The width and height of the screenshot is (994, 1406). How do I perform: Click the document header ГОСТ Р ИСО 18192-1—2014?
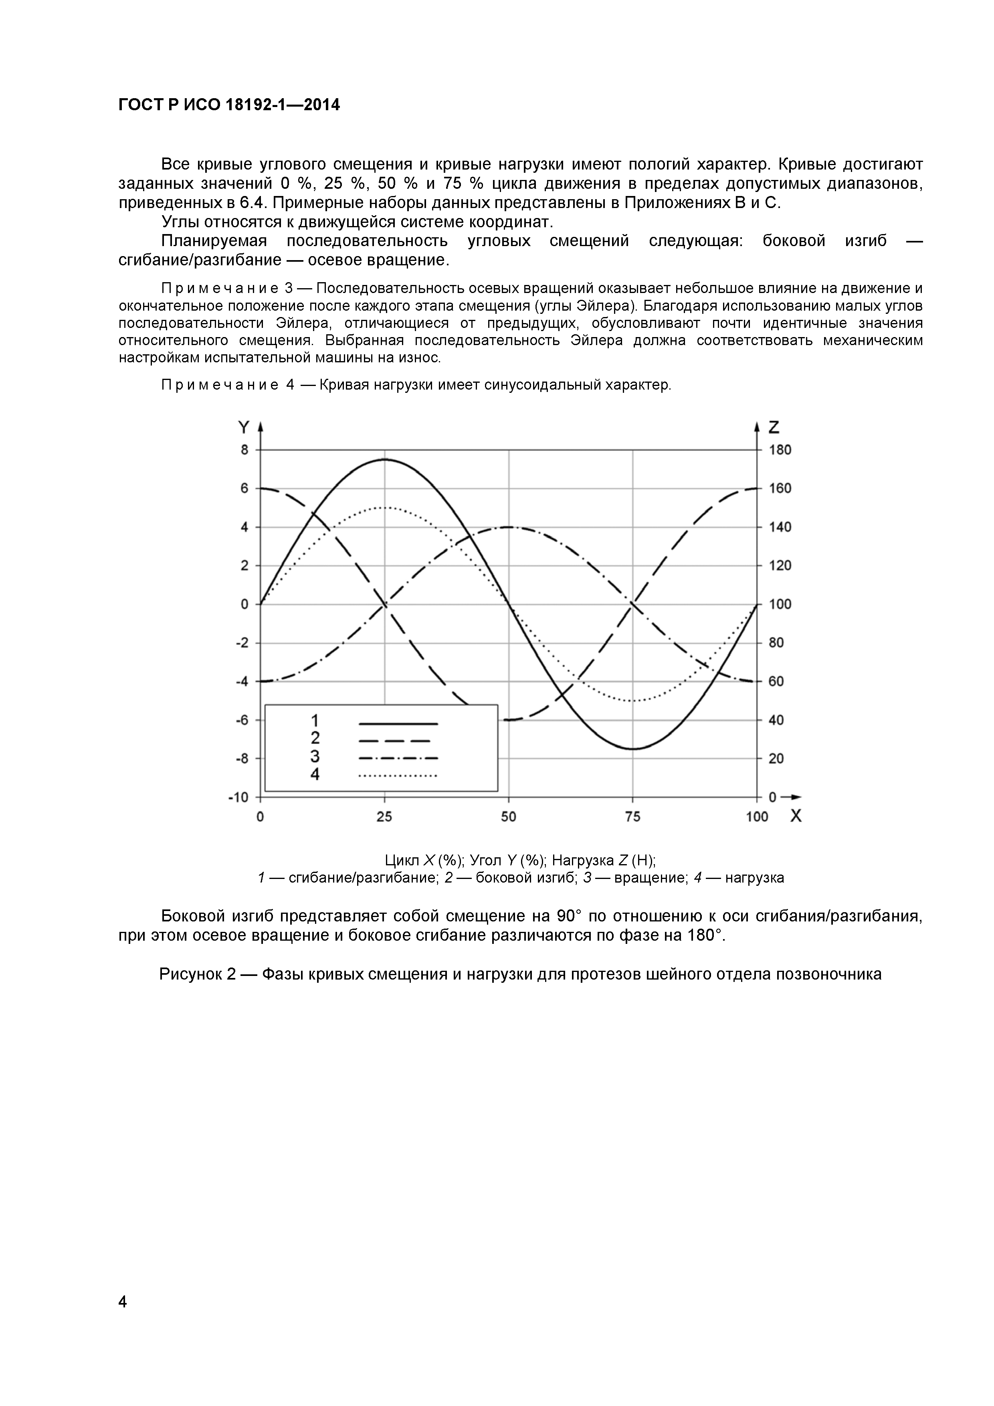(228, 105)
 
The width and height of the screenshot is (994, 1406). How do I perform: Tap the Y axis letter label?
(243, 427)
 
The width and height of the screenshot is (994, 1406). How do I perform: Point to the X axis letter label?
(796, 816)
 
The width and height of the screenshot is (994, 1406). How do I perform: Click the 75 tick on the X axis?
(632, 817)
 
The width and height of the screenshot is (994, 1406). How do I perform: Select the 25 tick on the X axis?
(385, 817)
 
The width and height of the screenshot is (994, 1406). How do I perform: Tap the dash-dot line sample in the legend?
(398, 758)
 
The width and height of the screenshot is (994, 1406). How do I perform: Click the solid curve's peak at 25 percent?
(385, 459)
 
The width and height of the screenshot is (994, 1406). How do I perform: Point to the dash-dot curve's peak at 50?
(508, 527)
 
